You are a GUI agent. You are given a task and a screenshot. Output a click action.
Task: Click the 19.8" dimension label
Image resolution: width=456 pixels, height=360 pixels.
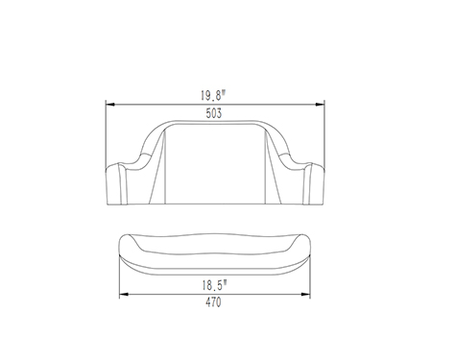213,95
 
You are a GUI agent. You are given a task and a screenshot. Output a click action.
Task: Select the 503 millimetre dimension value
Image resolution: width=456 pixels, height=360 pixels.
214,113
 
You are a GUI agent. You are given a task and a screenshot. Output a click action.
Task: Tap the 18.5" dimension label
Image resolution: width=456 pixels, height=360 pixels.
214,285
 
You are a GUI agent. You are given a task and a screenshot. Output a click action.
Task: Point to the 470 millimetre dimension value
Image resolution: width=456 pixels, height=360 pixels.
213,302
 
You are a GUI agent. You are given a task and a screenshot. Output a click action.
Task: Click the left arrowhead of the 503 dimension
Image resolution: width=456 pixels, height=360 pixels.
110,105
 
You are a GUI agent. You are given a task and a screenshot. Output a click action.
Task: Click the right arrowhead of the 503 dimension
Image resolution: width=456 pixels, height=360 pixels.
320,105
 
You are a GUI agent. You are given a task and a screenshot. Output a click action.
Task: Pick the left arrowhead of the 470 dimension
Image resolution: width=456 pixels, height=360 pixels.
124,294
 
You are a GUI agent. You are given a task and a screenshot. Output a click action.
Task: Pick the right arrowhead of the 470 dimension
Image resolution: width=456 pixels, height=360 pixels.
306,294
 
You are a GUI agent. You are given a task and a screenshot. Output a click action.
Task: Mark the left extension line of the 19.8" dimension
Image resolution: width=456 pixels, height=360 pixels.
106,134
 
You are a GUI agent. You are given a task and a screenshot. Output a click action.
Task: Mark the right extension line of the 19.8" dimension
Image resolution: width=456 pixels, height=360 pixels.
324,134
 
